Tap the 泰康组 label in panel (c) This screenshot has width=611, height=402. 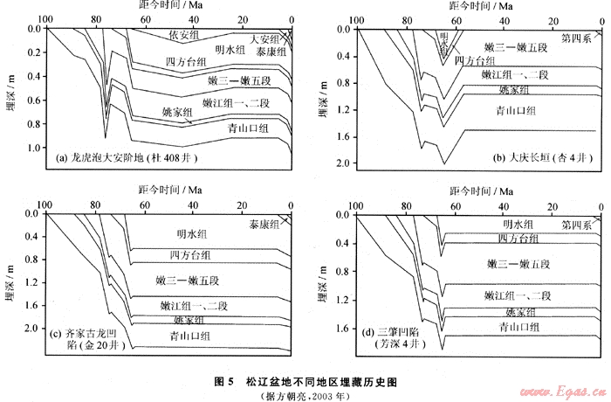(263, 224)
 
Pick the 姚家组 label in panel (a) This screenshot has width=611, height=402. (177, 112)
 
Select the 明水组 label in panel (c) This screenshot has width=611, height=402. (190, 233)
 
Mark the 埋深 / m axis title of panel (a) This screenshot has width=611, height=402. (11, 96)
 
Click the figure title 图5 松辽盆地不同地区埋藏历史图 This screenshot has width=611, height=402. (305, 382)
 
